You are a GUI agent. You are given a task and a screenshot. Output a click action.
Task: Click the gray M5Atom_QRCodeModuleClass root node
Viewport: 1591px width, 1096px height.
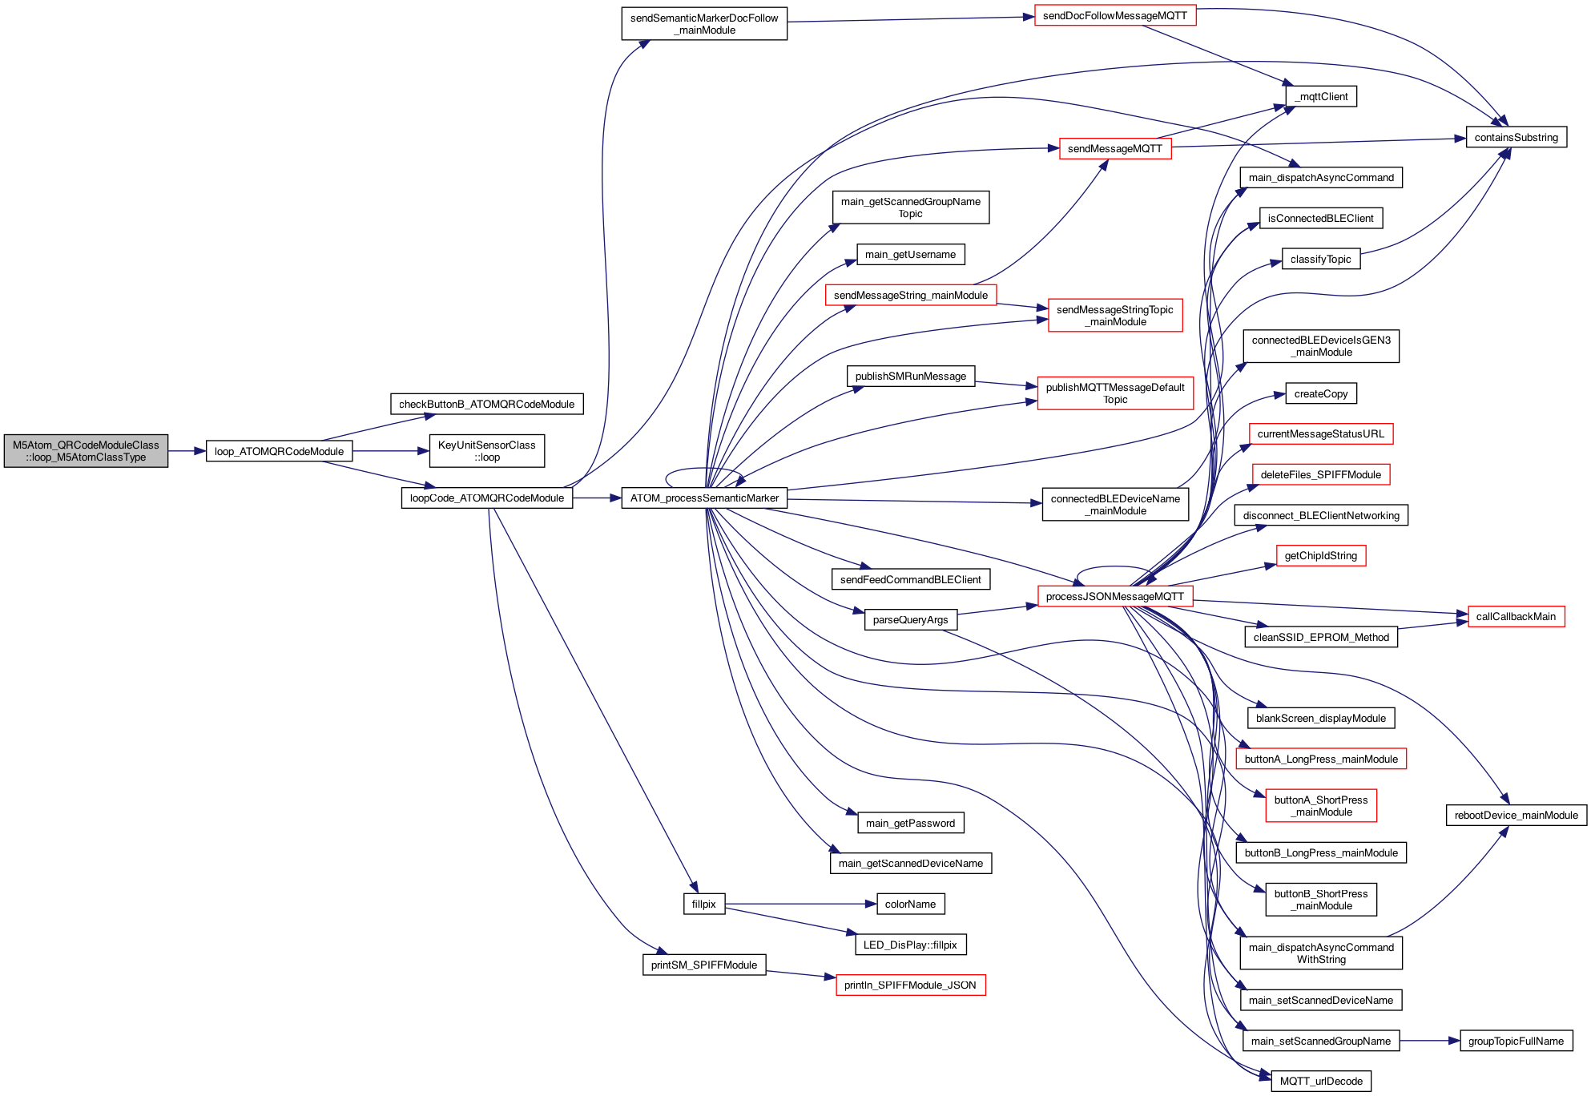[x=86, y=451]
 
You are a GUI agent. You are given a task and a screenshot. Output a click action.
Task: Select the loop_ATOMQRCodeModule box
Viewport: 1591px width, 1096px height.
[x=279, y=451]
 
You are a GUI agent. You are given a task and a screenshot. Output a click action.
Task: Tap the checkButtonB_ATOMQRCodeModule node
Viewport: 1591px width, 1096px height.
[x=486, y=404]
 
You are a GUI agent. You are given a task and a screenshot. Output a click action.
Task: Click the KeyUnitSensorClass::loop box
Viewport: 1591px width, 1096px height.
[x=486, y=451]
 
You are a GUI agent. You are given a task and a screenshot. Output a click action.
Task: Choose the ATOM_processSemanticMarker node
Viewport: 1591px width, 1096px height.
[x=704, y=498]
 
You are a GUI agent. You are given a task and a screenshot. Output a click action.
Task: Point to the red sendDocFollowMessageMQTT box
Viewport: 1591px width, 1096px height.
[x=1114, y=15]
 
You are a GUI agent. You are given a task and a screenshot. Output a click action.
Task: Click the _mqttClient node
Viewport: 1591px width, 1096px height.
[x=1320, y=96]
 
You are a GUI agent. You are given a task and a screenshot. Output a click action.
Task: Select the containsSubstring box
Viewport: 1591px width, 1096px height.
[x=1516, y=137]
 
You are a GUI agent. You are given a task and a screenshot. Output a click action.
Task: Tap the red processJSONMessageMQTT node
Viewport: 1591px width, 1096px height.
[x=1114, y=596]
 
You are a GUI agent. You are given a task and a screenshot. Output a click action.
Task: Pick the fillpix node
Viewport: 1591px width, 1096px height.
[x=703, y=904]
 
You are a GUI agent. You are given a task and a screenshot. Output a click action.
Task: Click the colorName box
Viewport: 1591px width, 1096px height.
[x=910, y=904]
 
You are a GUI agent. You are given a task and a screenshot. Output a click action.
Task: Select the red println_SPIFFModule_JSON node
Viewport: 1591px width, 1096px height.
[x=910, y=985]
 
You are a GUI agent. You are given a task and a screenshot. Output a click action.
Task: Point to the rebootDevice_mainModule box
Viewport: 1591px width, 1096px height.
[x=1516, y=815]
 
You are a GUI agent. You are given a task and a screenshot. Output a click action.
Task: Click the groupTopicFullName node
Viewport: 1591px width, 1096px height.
[x=1516, y=1041]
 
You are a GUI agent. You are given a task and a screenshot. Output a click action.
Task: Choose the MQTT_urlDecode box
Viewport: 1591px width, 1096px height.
[x=1320, y=1081]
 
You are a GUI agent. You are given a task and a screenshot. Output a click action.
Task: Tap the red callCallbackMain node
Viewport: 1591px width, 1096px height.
[x=1516, y=616]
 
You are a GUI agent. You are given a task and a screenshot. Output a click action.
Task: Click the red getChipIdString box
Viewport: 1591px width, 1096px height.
[x=1320, y=555]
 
